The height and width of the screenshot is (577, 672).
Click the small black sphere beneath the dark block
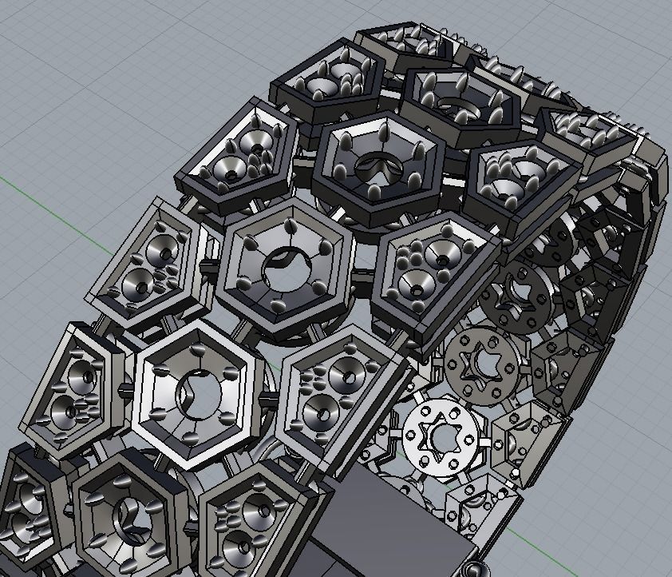click(x=477, y=570)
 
